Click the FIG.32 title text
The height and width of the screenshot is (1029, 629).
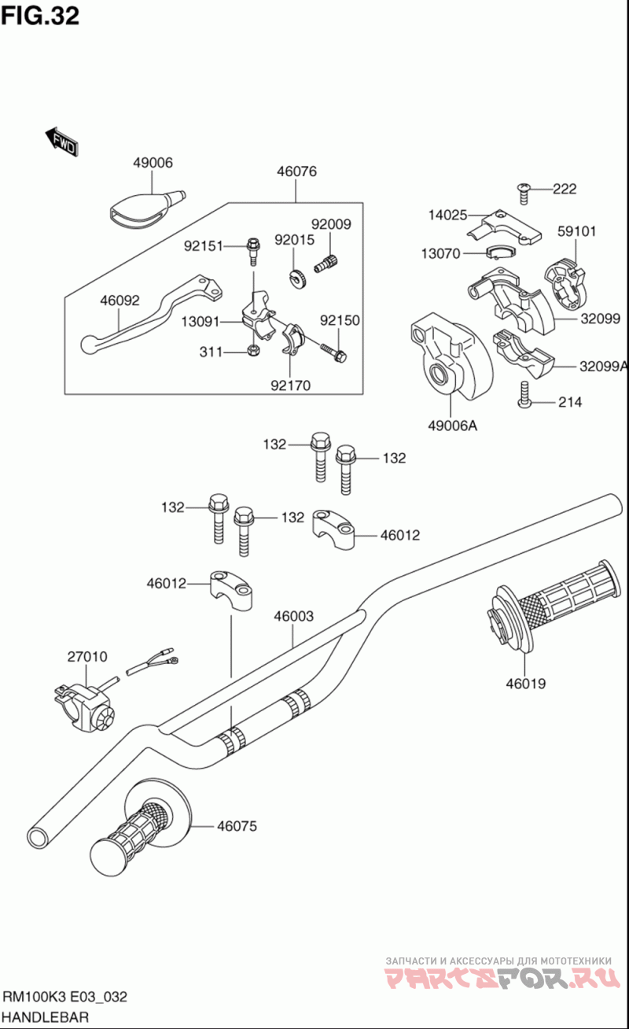(40, 15)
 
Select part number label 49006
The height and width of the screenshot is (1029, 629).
(153, 163)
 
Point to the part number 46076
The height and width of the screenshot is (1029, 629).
(296, 171)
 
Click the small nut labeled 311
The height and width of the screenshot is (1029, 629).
(253, 350)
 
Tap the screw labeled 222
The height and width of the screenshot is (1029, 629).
(523, 188)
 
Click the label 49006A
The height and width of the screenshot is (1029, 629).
(453, 426)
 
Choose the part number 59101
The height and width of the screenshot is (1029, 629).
(577, 231)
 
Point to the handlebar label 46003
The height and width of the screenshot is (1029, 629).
(293, 616)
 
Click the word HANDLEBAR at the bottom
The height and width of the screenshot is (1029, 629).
(45, 1016)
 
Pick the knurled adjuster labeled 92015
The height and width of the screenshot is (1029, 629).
(297, 278)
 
